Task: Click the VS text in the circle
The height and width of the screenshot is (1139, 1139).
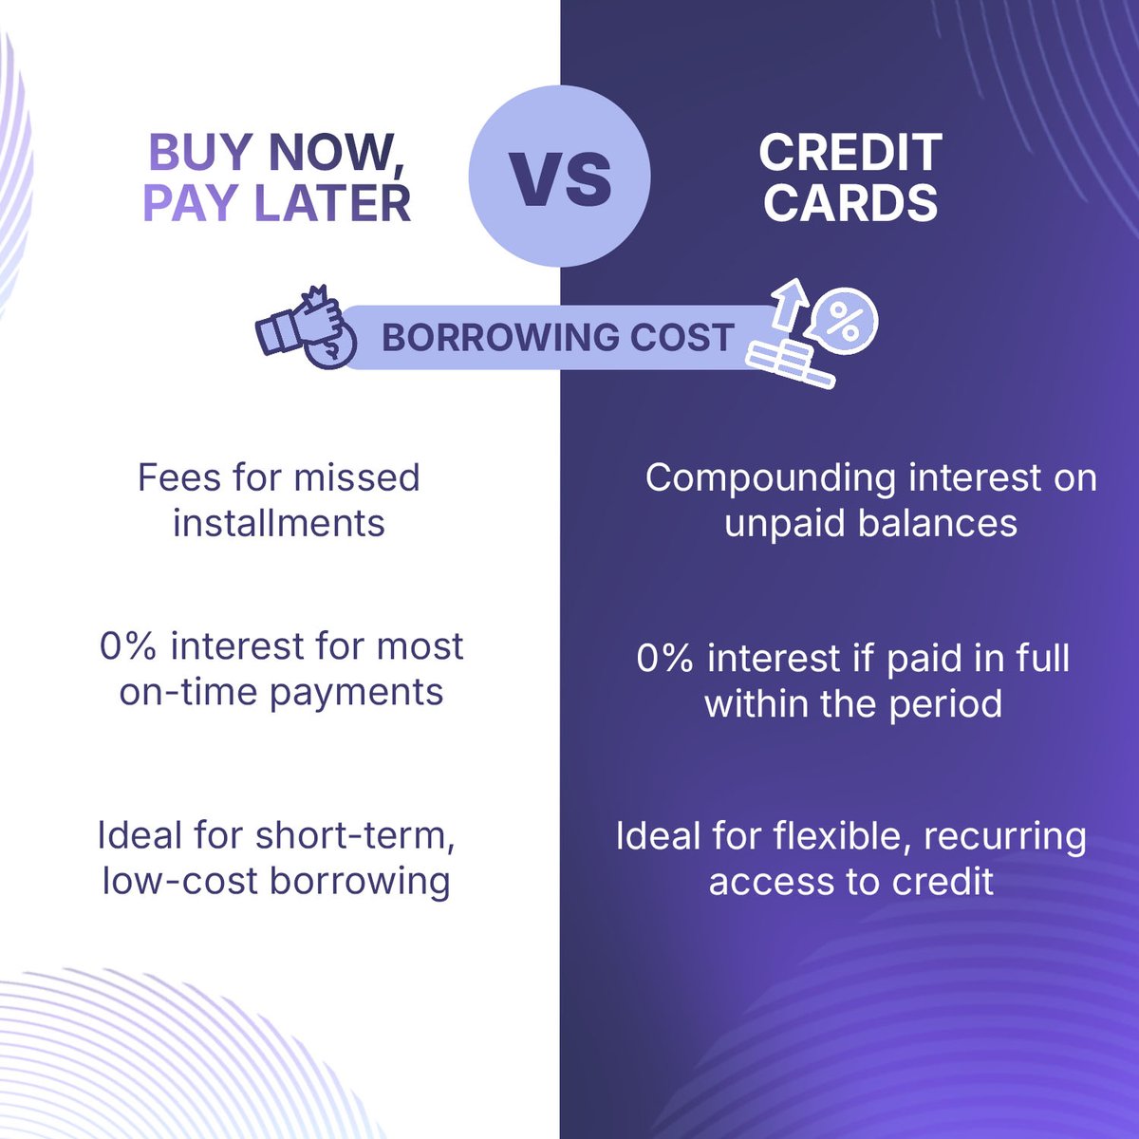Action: click(560, 177)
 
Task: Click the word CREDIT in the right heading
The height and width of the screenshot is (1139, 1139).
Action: click(850, 152)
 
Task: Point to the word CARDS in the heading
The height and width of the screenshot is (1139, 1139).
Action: click(851, 202)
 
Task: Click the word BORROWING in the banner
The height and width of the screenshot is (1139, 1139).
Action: click(491, 338)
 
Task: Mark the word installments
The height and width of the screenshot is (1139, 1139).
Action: click(279, 523)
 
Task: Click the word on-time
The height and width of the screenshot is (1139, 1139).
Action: click(189, 692)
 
